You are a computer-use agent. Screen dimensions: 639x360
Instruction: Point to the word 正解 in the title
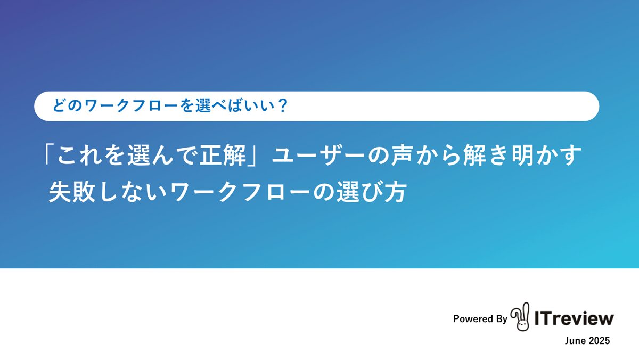223,156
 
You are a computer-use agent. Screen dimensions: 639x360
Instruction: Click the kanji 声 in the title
402,156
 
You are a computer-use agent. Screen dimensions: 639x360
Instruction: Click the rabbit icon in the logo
520,317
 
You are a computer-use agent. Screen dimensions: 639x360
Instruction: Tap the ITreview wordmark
574,318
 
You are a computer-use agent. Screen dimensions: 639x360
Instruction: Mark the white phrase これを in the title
91,156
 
